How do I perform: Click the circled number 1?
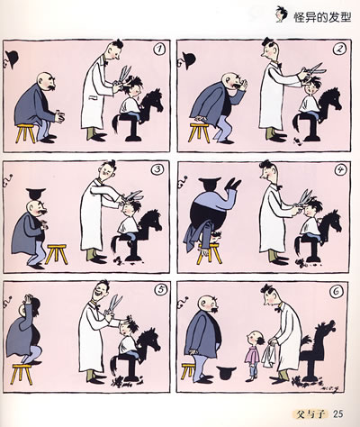[x=159, y=50]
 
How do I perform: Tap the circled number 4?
[x=340, y=170]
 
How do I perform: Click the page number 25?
[x=337, y=414]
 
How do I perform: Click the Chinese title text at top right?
[x=322, y=17]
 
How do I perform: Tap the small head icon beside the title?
[x=282, y=14]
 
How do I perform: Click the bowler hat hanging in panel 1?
[x=12, y=58]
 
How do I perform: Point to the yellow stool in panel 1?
[x=26, y=133]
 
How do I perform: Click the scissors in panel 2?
[x=313, y=71]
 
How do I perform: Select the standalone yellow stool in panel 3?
[x=57, y=254]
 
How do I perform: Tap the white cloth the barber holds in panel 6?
[x=269, y=354]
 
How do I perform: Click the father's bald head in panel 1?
[x=46, y=80]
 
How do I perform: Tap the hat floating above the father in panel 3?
[x=36, y=193]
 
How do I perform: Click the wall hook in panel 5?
[x=7, y=301]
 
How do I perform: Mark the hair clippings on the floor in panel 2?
[x=297, y=141]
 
